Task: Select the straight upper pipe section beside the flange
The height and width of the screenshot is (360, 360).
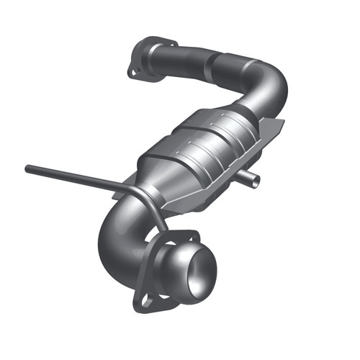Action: click(180, 55)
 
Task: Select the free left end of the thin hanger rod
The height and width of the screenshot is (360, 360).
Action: click(28, 168)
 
